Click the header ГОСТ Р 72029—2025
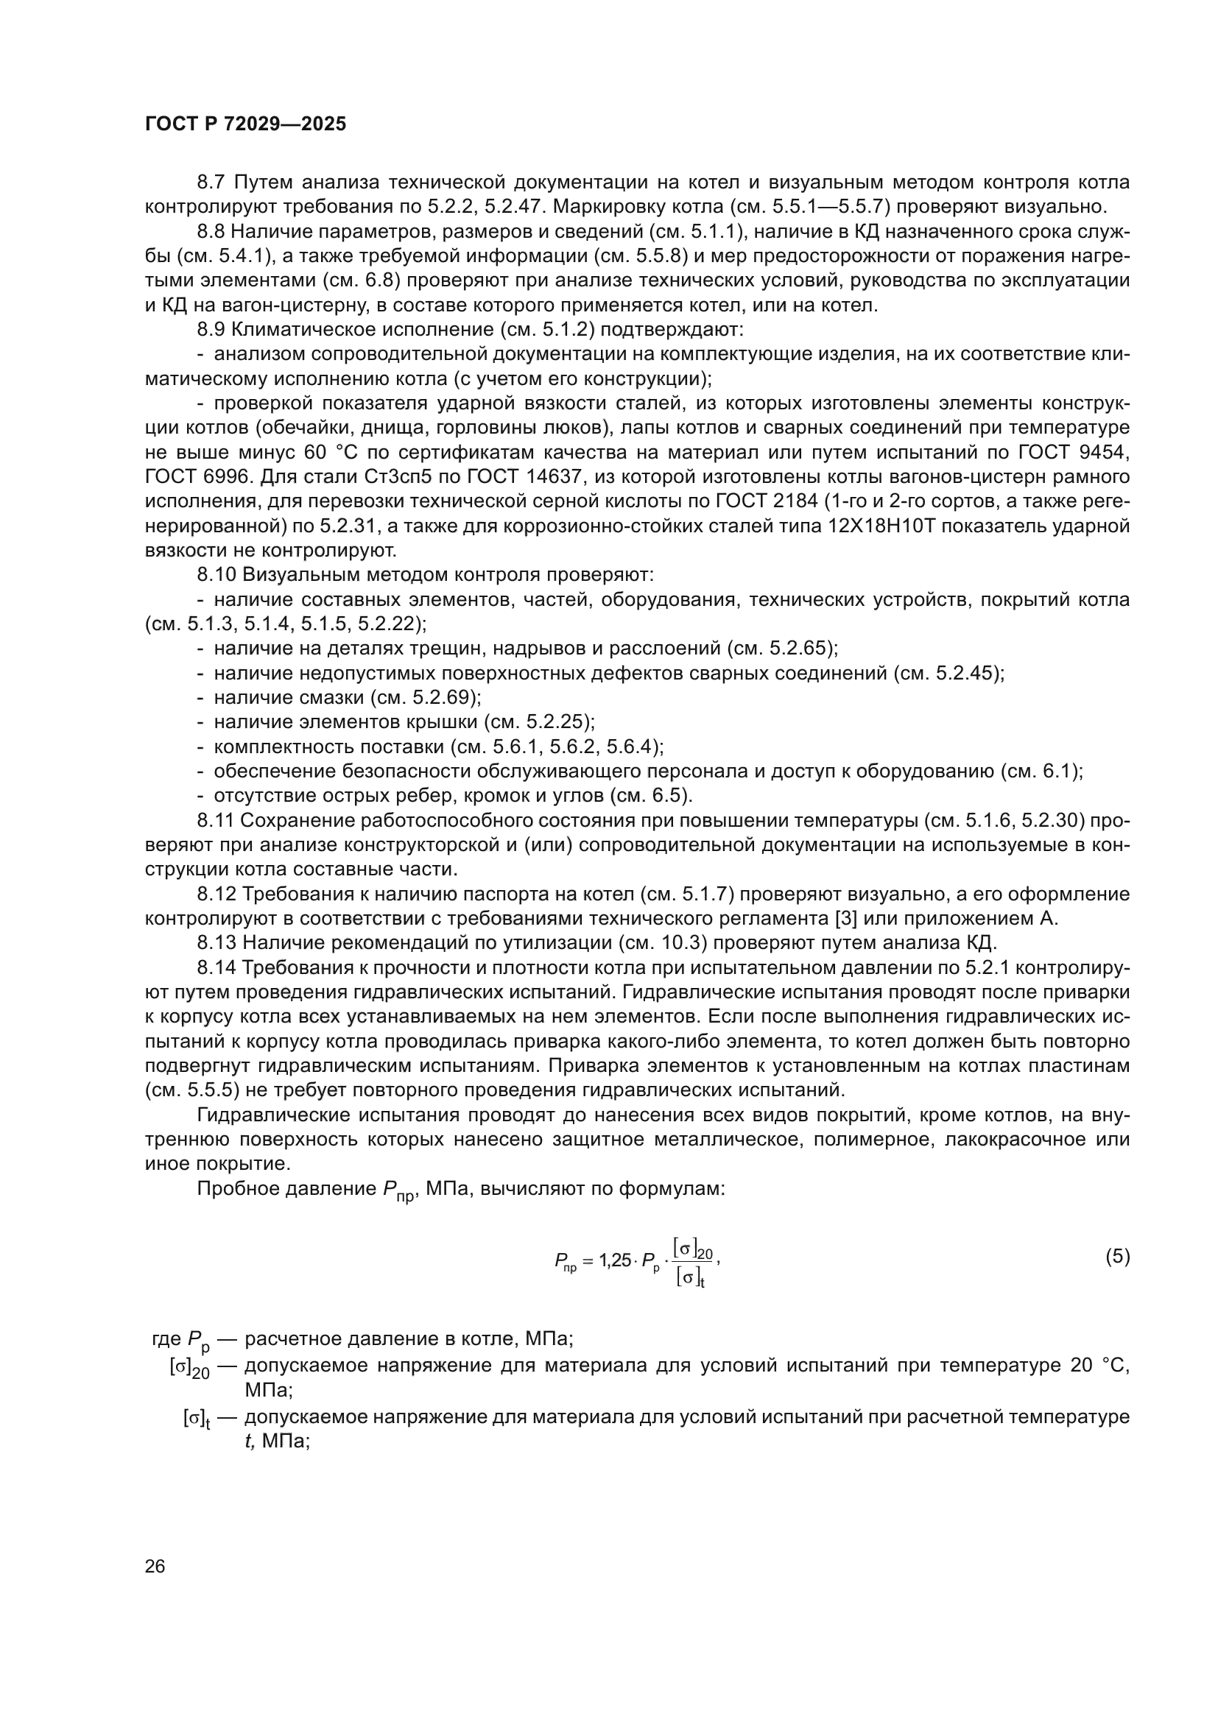click(x=245, y=124)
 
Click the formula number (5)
click(x=1117, y=1257)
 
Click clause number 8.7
click(x=212, y=183)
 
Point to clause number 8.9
click(x=212, y=329)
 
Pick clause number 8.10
click(x=216, y=575)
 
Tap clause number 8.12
click(x=216, y=894)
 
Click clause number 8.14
click(x=216, y=968)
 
